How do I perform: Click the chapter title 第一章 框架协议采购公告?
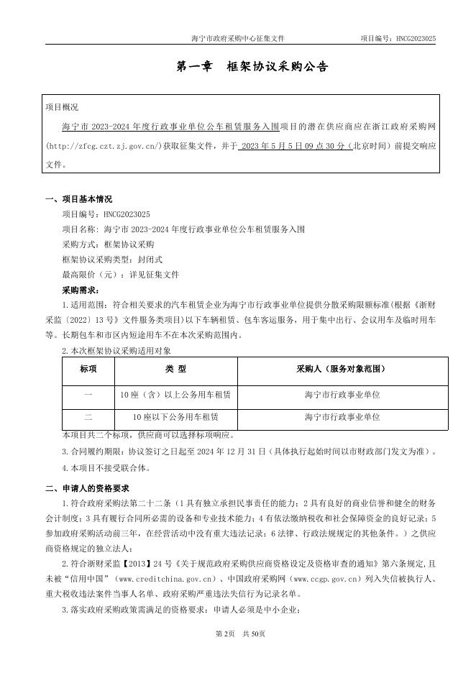click(x=252, y=67)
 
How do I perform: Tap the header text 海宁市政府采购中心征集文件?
click(x=242, y=38)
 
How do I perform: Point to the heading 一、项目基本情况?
click(x=78, y=199)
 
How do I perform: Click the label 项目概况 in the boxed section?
click(x=62, y=107)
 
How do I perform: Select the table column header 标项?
click(x=88, y=369)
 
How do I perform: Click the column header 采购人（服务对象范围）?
click(x=342, y=369)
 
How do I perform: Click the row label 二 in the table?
click(x=88, y=416)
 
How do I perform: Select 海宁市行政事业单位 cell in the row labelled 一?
click(x=342, y=395)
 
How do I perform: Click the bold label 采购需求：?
click(x=82, y=290)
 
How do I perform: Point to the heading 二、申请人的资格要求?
click(x=87, y=488)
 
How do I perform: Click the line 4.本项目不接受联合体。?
click(x=106, y=467)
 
